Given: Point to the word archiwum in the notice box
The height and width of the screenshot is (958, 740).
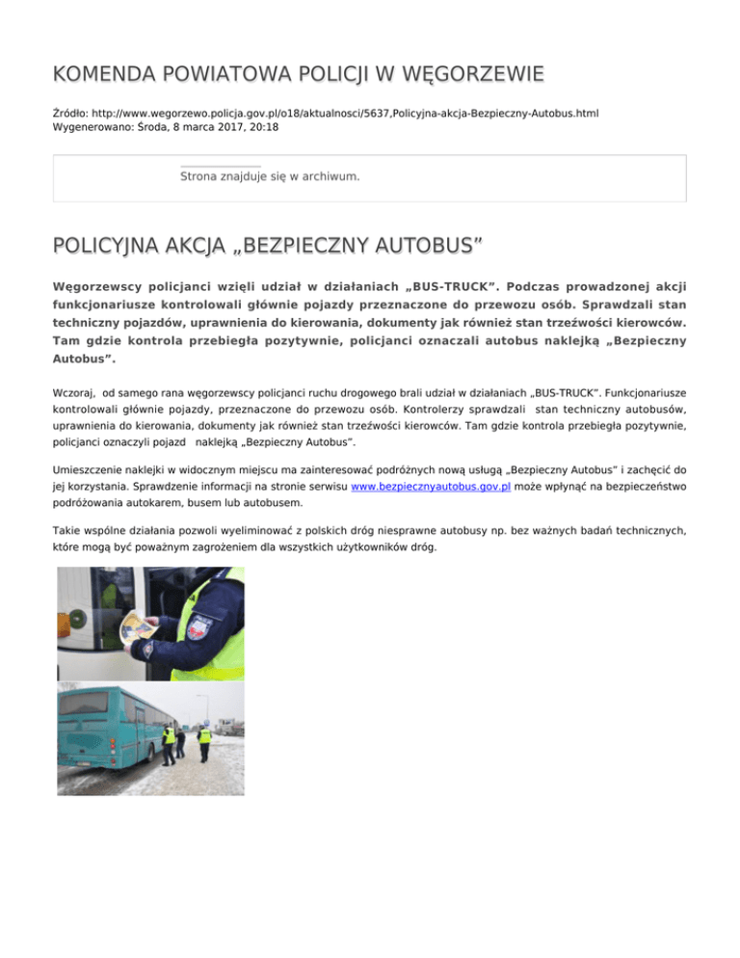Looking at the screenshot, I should click(330, 176).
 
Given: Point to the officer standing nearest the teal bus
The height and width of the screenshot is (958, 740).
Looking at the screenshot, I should click(169, 743).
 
